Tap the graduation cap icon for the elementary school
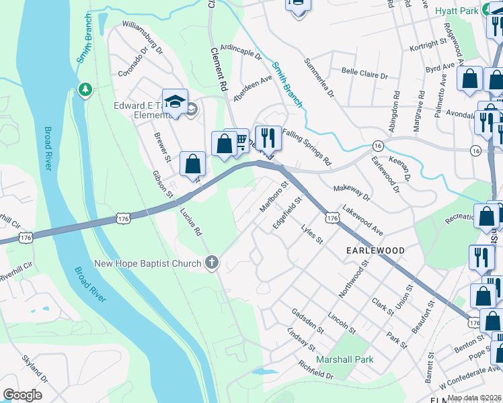[x=175, y=102]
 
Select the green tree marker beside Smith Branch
[x=85, y=89]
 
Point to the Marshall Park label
[x=345, y=359]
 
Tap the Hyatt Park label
[x=455, y=11]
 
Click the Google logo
[x=22, y=394]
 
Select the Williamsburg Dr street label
[x=143, y=36]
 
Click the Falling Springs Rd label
[x=307, y=148]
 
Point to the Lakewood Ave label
[x=362, y=221]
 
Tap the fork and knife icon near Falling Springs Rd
[x=268, y=138]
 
